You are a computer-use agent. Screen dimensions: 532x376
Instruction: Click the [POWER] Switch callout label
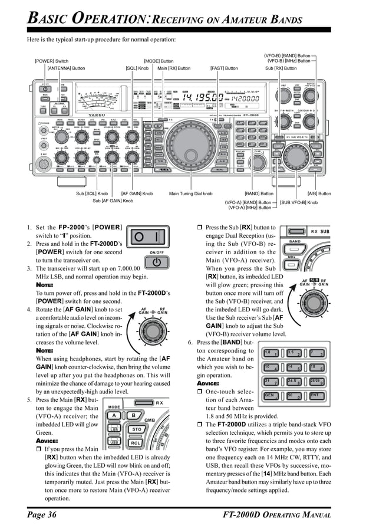click(52, 61)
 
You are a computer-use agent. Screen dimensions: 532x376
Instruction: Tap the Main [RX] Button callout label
click(175, 68)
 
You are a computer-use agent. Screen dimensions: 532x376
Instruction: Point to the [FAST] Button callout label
click(224, 68)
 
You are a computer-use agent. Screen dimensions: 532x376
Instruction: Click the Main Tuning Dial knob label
click(190, 193)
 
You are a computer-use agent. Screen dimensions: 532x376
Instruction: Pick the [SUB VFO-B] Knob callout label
click(298, 202)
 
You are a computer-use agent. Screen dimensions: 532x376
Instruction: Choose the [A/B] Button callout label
click(319, 193)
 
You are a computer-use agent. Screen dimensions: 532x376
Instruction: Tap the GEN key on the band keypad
click(270, 396)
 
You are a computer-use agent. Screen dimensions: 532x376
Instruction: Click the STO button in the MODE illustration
click(137, 429)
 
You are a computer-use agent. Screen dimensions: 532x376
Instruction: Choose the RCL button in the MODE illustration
click(136, 442)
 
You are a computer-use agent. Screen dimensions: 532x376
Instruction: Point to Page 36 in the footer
click(41, 515)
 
